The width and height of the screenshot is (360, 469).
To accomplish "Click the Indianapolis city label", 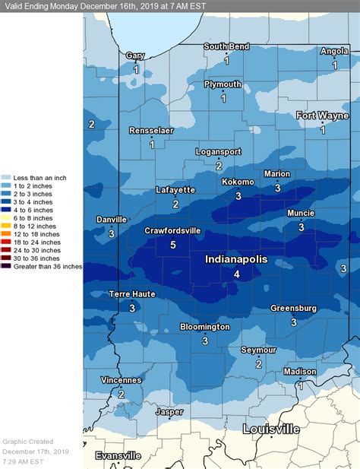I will click(236, 259).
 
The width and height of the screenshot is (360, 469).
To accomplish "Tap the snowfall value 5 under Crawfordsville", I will click(173, 245).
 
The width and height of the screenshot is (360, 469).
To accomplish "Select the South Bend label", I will click(226, 46).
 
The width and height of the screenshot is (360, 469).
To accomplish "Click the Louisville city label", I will click(271, 429).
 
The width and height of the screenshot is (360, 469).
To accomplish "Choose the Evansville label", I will click(118, 455).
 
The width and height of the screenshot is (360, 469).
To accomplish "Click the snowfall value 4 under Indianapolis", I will click(237, 274).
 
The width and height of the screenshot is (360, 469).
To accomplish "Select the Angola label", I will click(334, 52).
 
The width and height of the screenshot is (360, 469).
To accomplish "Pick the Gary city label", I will click(135, 55).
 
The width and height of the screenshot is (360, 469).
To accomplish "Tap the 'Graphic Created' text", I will click(27, 441).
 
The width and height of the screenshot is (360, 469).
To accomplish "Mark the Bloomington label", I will click(204, 327).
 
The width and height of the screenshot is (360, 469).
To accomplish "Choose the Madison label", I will click(299, 371).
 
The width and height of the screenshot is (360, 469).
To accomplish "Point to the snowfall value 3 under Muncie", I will click(301, 227).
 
